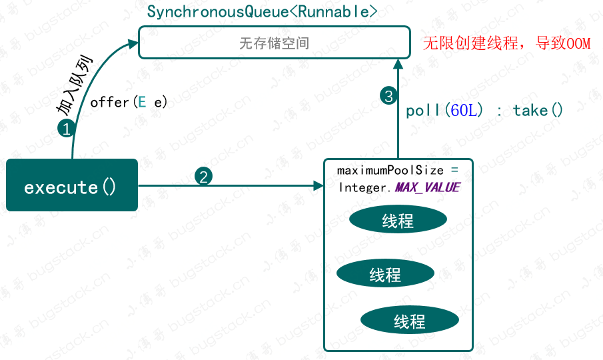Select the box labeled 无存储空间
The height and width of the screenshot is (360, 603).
tap(274, 43)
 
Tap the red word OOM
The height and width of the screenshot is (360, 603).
tap(577, 44)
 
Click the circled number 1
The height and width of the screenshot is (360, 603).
tap(66, 129)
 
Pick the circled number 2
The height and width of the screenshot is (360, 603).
tap(204, 176)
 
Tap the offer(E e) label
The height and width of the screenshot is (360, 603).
tap(129, 102)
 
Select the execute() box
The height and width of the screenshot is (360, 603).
tap(71, 186)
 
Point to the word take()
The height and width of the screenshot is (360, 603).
tap(538, 111)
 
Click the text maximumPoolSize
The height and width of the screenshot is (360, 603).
tap(390, 171)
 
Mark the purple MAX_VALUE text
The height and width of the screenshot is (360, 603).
tap(427, 187)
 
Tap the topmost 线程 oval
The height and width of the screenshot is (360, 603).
tap(398, 221)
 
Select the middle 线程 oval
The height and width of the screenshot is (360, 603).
tap(385, 273)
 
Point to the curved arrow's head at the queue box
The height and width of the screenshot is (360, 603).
tap(133, 43)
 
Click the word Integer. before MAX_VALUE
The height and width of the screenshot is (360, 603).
tap(366, 187)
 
